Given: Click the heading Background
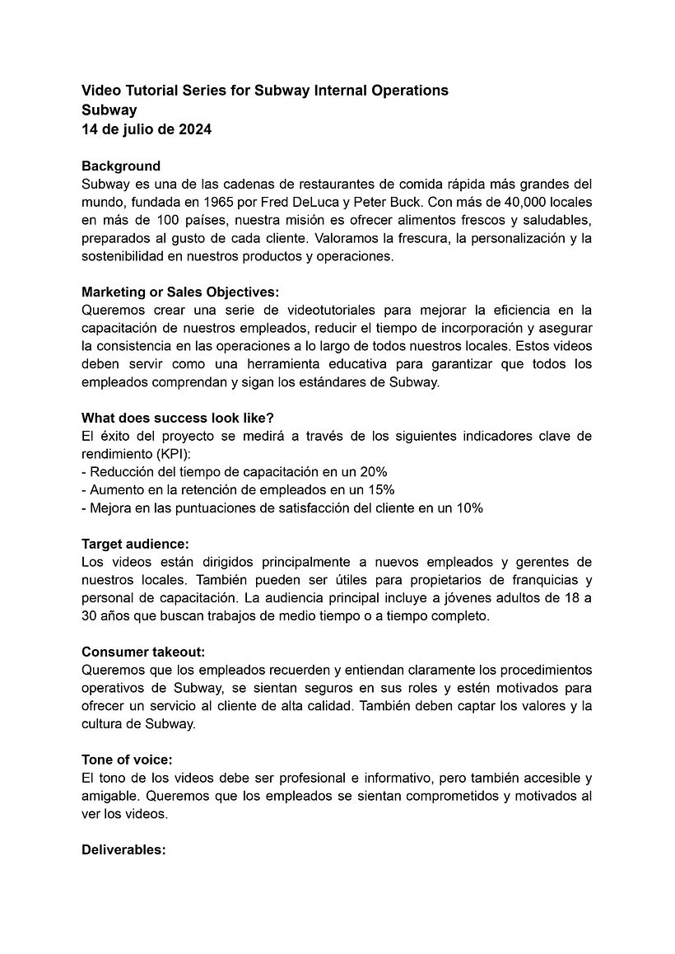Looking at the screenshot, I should tap(121, 166).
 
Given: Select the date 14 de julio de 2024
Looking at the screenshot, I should tap(147, 129).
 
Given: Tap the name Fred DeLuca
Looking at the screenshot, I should tap(306, 202).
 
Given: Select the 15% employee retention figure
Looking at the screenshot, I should tap(380, 489).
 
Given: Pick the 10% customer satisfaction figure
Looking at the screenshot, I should tap(468, 507).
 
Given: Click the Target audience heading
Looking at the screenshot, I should tap(135, 544).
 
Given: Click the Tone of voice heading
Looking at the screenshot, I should tap(127, 760).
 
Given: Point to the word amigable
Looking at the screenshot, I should tap(111, 796).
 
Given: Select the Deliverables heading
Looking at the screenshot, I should tap(123, 849).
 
